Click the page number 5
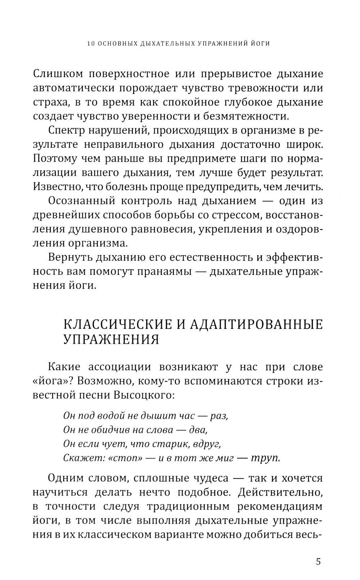318,562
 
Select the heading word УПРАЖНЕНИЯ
111,339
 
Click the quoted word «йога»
50,381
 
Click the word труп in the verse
265,458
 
